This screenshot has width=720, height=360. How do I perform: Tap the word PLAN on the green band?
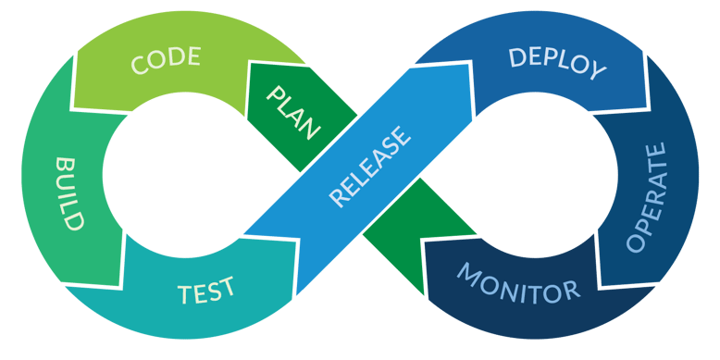(x=293, y=112)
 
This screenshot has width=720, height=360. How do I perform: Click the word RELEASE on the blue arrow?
(x=369, y=168)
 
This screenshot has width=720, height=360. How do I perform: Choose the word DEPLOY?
(x=557, y=62)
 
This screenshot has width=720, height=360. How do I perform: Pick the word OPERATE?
(x=647, y=197)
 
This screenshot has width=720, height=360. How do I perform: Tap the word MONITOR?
(x=518, y=282)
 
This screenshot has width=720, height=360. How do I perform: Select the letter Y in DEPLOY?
(x=597, y=71)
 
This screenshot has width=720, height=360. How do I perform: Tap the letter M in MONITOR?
(x=468, y=274)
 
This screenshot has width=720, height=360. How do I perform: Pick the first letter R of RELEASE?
(x=338, y=198)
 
